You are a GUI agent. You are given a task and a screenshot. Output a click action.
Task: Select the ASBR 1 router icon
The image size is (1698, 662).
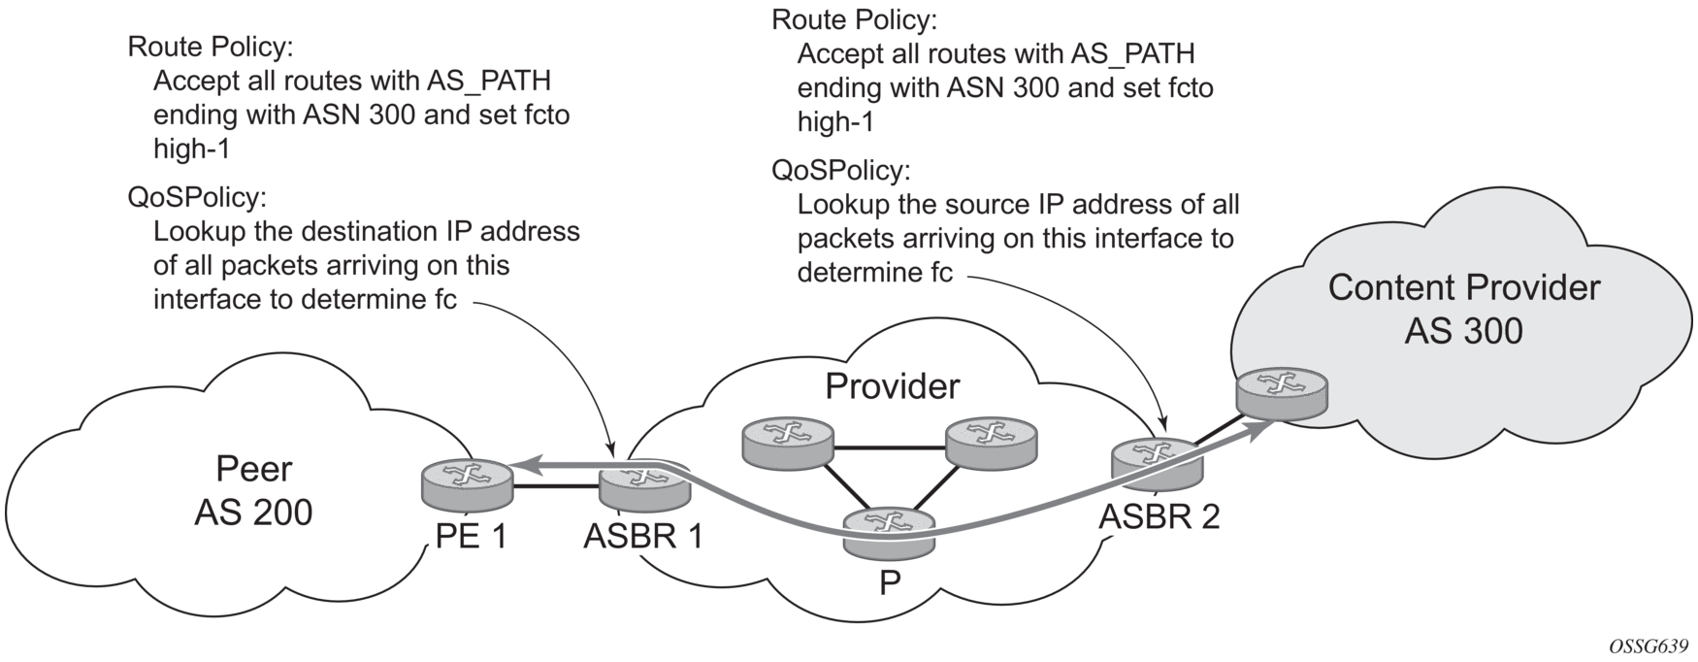coord(643,483)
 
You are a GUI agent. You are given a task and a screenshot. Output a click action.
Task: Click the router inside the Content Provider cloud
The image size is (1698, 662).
coord(1283,393)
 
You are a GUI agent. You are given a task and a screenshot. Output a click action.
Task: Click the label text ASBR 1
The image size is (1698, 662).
coord(643,537)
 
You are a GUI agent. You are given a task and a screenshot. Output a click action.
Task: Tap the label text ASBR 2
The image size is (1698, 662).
coord(1159,517)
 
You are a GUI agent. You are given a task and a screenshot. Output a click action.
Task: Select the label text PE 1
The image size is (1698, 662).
coord(471,537)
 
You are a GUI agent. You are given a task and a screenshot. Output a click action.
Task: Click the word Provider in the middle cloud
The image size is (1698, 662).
coord(892,386)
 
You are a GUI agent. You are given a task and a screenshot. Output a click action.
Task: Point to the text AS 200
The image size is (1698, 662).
coord(253,512)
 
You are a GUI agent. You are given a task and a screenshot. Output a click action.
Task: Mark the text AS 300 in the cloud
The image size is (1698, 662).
coord(1463,331)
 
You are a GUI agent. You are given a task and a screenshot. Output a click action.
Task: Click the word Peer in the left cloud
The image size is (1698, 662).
coord(253,469)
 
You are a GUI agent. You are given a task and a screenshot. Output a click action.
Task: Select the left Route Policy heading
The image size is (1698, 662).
coord(210,47)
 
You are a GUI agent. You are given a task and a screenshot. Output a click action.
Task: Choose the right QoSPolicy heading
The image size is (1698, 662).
coord(840,171)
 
